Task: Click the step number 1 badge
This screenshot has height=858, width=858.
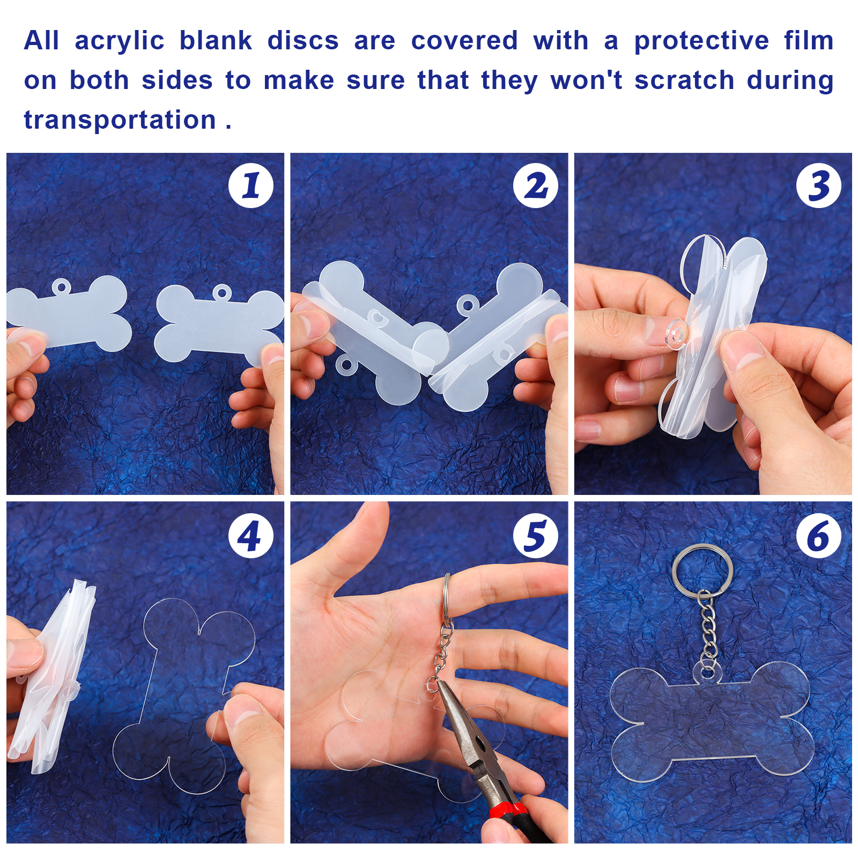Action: [x=251, y=186]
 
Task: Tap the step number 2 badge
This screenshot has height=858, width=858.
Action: [x=535, y=186]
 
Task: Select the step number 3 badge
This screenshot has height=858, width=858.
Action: [x=819, y=186]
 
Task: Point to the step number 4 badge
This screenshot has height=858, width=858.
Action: [x=251, y=536]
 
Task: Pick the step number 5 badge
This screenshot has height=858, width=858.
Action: [x=535, y=536]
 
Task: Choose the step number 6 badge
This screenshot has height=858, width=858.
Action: [x=819, y=536]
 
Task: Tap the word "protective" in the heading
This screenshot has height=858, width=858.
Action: [x=701, y=41]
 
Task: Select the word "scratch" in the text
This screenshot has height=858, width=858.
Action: [x=684, y=80]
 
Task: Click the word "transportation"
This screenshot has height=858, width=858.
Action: [x=120, y=119]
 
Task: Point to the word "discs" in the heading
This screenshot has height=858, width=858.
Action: [x=303, y=41]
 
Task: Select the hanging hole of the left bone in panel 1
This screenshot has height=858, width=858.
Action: [x=61, y=287]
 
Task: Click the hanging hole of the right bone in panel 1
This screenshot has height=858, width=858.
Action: [x=222, y=293]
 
